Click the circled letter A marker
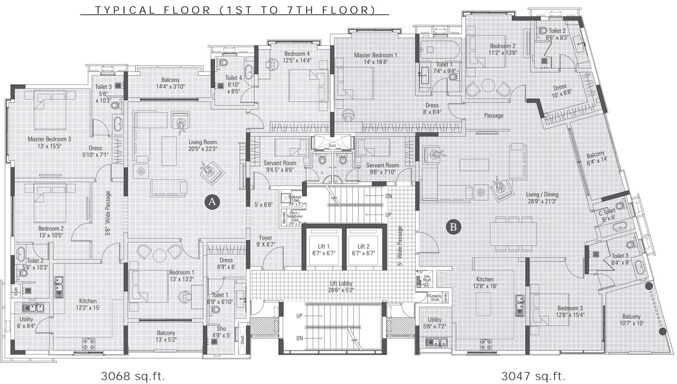(212, 202)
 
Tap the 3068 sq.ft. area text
(133, 376)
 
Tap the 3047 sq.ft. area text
(533, 376)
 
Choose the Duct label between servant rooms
(332, 145)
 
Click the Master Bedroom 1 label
(375, 58)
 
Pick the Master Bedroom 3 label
(49, 142)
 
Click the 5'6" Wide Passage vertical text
(108, 213)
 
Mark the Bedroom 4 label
(297, 57)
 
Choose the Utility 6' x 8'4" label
(26, 323)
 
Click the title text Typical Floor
(235, 10)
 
